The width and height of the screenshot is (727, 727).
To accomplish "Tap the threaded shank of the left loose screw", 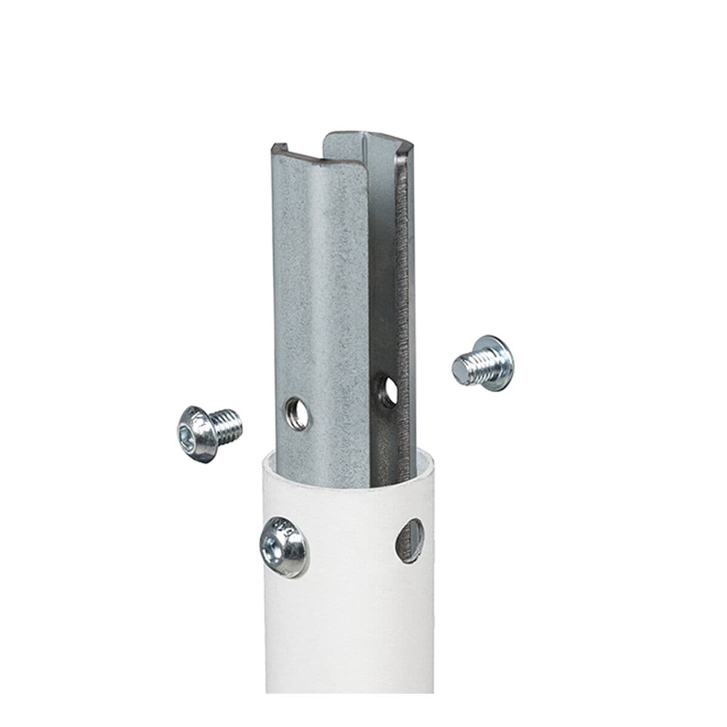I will pyautogui.click(x=227, y=422).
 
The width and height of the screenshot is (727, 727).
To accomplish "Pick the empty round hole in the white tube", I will pyautogui.click(x=410, y=540).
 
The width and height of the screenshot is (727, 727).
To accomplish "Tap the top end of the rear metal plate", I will pyautogui.click(x=357, y=134).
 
